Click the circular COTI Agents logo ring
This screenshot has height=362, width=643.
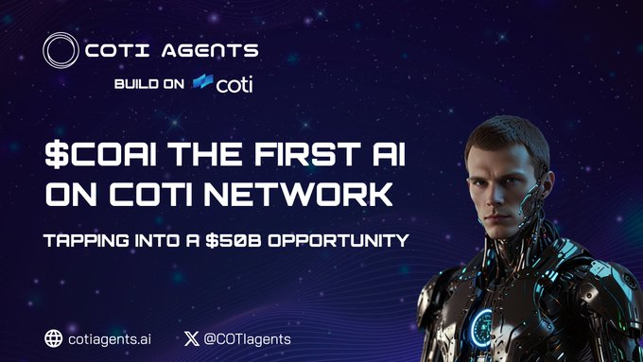point(60,50)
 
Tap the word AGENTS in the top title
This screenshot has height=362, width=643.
point(215,50)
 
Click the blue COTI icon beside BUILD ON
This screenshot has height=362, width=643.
point(202,84)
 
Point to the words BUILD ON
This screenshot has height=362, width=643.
point(149,85)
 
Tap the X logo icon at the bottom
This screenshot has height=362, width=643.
point(193,338)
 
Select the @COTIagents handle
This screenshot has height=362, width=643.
point(249,338)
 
